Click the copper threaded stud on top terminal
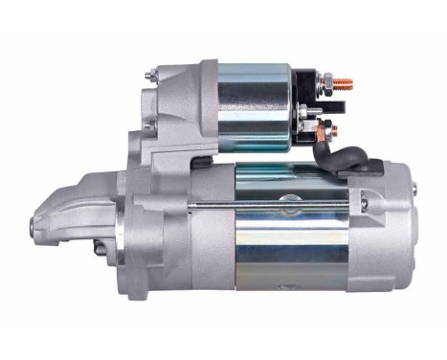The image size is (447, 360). click(345, 83)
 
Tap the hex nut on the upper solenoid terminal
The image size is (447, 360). click(326, 83)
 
